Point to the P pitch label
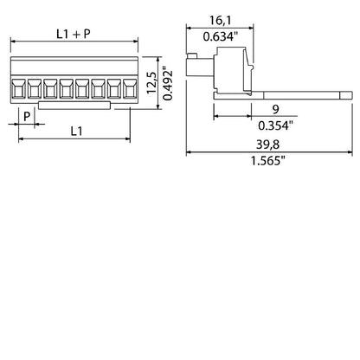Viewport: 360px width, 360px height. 27,114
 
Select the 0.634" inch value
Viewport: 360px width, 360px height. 218,36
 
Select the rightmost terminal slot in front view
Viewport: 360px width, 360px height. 130,88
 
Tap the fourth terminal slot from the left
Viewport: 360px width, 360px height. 67,88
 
